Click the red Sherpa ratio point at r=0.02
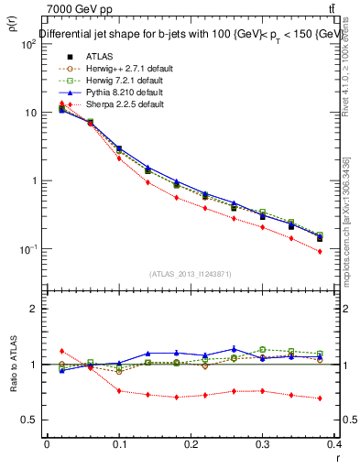tap(62, 351)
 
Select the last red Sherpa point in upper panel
tap(345, 251)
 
